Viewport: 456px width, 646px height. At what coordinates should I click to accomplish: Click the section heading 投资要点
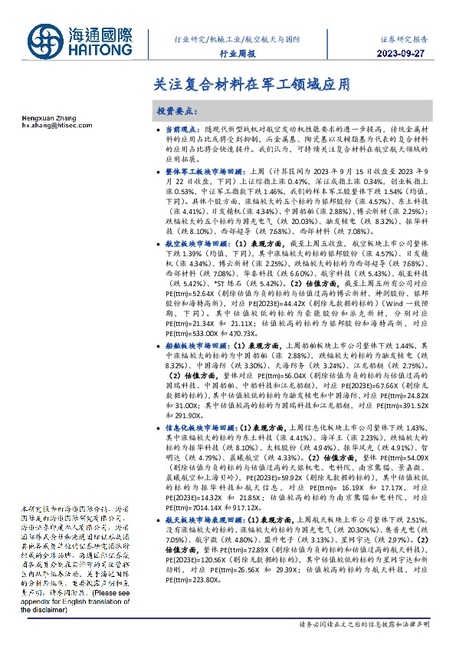click(x=177, y=110)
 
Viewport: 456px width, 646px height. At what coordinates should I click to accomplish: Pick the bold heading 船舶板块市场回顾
click(x=193, y=346)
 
